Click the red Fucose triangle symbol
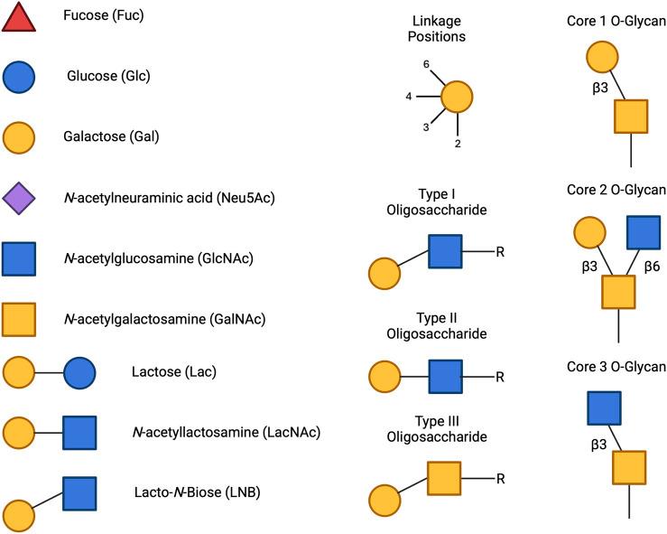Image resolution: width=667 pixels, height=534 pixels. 19,19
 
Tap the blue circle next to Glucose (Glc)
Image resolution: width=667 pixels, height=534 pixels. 19,78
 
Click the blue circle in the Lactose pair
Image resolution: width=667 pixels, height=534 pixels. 79,372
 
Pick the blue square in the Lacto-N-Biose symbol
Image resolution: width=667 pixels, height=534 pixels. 79,492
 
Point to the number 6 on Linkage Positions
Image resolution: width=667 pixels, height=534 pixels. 427,65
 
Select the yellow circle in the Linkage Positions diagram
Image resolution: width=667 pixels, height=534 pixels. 458,96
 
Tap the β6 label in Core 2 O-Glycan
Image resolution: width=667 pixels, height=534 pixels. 653,267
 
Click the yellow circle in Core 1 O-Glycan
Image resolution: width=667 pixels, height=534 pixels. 602,57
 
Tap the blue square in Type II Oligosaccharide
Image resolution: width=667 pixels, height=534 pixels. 445,374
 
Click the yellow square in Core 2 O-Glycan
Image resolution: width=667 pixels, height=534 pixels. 618,292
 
